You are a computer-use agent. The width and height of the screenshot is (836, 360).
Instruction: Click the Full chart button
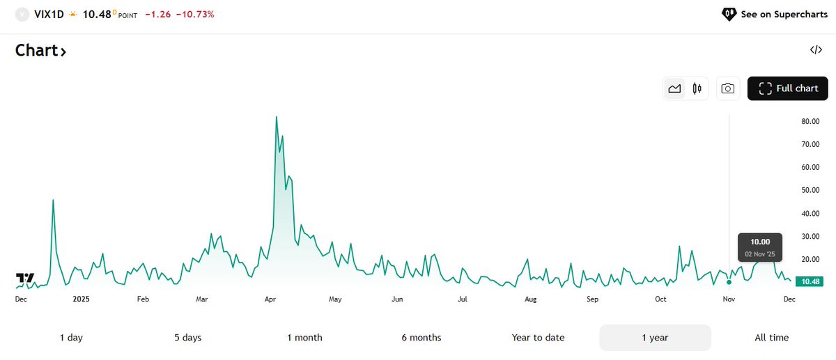tap(788, 88)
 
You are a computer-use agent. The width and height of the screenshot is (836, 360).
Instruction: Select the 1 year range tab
tap(655, 338)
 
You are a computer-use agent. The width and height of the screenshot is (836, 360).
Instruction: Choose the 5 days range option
tap(187, 338)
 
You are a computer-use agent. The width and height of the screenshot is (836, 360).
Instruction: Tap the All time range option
tap(771, 338)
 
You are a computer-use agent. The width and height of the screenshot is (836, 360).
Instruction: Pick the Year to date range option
tap(538, 338)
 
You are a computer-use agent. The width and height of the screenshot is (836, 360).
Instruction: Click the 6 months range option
tap(421, 338)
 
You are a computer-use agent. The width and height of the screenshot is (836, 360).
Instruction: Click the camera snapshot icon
tap(727, 88)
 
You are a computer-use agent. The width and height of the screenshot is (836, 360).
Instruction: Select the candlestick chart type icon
tap(697, 88)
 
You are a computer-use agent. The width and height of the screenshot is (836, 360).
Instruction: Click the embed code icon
tap(815, 50)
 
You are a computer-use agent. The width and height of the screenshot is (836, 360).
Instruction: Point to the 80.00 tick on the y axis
tap(809, 121)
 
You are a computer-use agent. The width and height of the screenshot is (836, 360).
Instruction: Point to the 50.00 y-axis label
tap(809, 190)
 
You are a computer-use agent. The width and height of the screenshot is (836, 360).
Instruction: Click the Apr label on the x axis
tap(271, 299)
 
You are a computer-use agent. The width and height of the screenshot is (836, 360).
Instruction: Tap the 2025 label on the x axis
tap(82, 299)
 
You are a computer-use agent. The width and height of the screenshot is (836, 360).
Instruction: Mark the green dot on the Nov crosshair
tap(729, 282)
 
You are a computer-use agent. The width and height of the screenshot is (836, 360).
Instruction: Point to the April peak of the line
tap(276, 117)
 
